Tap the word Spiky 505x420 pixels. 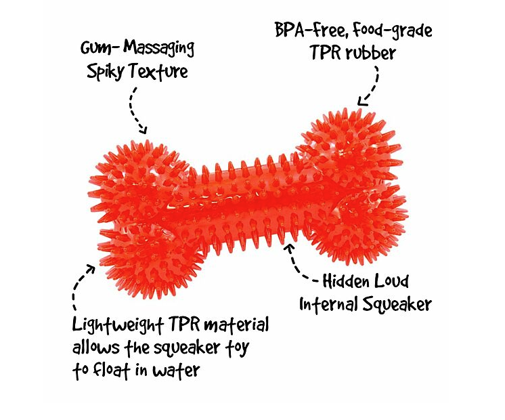pyautogui.click(x=105, y=72)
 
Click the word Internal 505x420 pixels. pyautogui.click(x=328, y=304)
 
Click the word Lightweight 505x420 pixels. pyautogui.click(x=118, y=325)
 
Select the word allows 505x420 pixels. pyautogui.click(x=95, y=348)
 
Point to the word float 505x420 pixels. pyautogui.click(x=111, y=370)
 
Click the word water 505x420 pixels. pyautogui.click(x=176, y=371)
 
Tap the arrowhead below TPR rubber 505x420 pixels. pyautogui.click(x=362, y=101)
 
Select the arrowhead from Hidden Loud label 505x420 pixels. pyautogui.click(x=290, y=248)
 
